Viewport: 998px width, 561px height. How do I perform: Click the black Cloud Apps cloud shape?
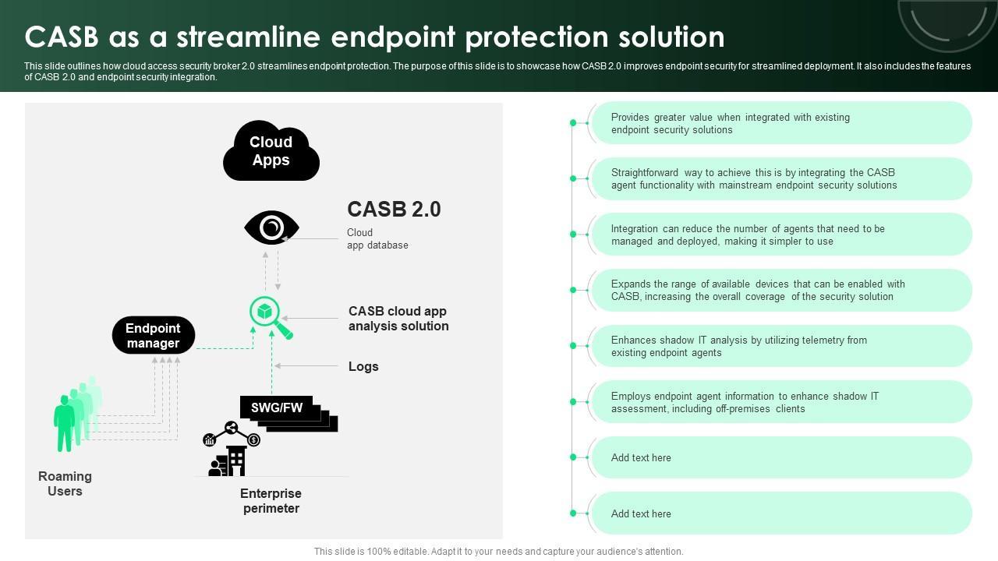point(271,150)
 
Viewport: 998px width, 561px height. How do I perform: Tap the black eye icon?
point(271,228)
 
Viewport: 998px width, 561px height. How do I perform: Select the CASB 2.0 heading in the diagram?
point(394,209)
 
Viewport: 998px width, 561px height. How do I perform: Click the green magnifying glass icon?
point(271,317)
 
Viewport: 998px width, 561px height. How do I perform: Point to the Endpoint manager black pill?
point(154,335)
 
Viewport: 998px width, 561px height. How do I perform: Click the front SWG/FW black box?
point(276,408)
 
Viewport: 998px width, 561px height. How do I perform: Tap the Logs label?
point(363,366)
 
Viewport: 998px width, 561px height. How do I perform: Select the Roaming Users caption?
point(65,484)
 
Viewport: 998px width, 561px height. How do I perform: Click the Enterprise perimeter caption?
point(271,501)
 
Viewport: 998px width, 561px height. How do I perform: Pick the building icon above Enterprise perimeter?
point(227,460)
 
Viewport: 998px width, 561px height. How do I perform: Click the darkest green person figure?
point(64,423)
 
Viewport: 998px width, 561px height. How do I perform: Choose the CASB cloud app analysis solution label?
point(398,319)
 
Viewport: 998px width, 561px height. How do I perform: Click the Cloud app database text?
point(377,238)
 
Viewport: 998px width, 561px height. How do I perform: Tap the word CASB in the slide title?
point(62,37)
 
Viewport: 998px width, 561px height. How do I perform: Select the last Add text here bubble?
point(782,513)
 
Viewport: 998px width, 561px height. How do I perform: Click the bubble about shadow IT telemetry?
point(782,346)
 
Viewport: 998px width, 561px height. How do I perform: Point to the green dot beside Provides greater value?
point(573,123)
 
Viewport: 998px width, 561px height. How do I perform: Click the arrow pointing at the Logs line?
point(306,366)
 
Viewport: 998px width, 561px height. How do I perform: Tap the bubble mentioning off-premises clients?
point(782,402)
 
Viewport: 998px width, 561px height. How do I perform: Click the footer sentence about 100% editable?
point(498,551)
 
